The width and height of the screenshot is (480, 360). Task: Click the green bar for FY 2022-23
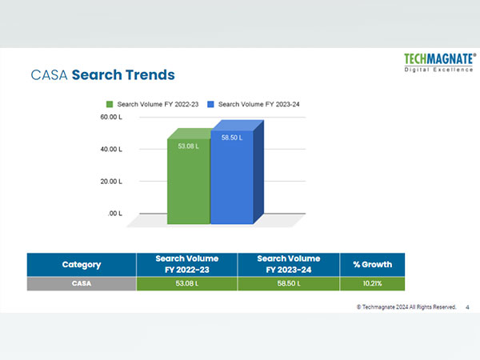(188, 184)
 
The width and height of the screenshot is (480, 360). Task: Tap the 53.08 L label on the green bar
(188, 146)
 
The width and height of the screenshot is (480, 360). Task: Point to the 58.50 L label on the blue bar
(233, 138)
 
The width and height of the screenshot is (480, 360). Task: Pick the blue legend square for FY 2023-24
(211, 104)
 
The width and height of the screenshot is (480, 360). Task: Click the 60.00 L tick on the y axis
(110, 118)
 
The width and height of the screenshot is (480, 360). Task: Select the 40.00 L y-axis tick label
(110, 150)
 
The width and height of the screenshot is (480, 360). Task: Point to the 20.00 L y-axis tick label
(110, 182)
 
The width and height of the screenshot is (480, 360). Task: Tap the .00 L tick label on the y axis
(114, 214)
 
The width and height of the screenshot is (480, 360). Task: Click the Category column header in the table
(82, 265)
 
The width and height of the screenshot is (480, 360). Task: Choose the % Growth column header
(372, 265)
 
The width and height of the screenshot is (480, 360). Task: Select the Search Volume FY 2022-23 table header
(186, 265)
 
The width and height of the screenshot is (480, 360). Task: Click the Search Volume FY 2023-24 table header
(289, 265)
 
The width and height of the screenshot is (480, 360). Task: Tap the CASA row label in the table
(82, 284)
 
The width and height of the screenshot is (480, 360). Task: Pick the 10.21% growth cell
(372, 284)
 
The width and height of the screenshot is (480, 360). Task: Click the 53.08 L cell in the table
(186, 284)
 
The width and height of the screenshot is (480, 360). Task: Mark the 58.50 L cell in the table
(289, 284)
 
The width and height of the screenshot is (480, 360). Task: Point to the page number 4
(467, 306)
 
